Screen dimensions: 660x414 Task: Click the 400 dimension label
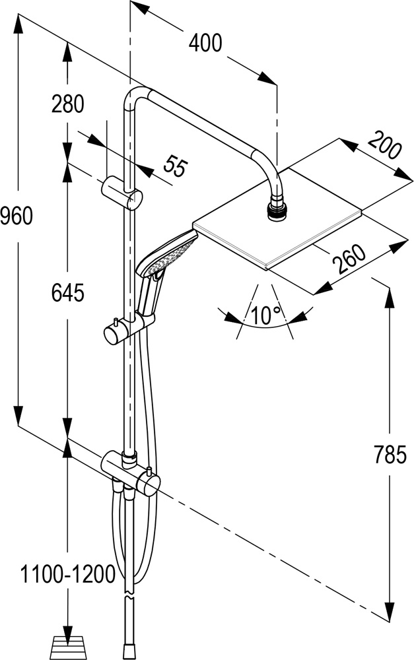point(205,44)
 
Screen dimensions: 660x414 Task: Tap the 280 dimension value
point(69,104)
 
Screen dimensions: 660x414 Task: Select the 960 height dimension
point(17,215)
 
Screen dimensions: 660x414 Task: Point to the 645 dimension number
point(69,294)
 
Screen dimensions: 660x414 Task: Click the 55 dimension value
point(172,166)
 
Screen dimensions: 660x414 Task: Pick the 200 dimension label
point(385,146)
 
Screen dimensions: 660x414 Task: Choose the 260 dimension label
point(350,259)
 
